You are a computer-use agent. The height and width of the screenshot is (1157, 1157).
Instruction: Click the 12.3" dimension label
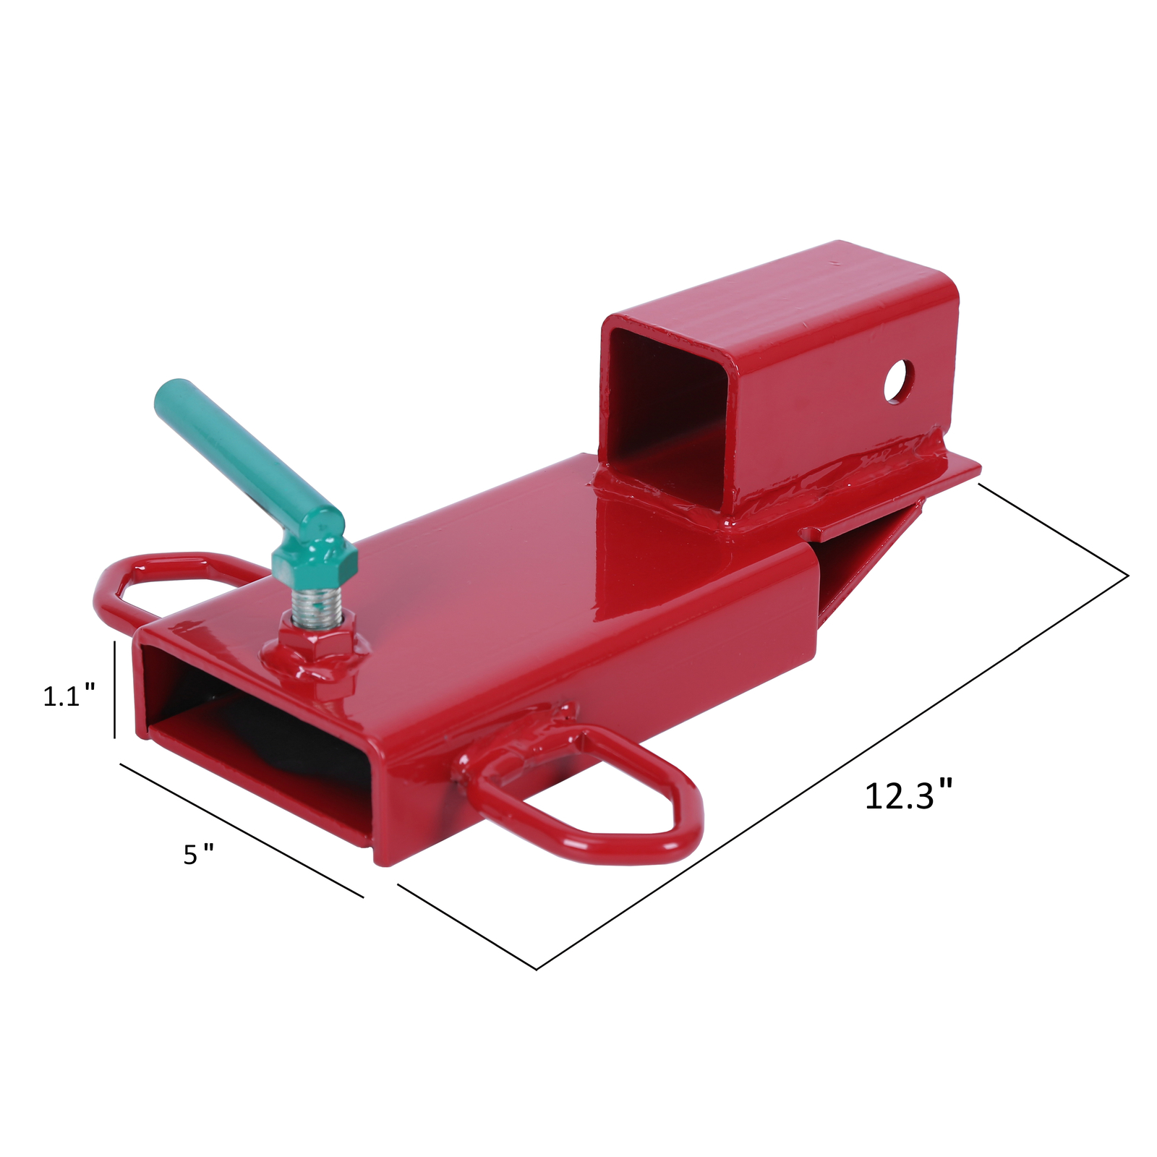click(908, 795)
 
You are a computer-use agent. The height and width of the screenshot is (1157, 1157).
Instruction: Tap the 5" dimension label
click(197, 855)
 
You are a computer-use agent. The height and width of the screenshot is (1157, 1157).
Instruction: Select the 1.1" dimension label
click(69, 696)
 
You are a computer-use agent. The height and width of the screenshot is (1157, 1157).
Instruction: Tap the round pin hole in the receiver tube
click(897, 380)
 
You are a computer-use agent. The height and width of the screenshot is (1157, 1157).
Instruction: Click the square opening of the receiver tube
click(662, 405)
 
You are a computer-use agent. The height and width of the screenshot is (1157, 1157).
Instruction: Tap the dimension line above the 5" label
click(241, 829)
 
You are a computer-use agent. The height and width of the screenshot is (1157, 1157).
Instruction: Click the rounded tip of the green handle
click(167, 395)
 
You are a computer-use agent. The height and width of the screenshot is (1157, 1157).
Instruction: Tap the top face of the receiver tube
click(781, 282)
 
